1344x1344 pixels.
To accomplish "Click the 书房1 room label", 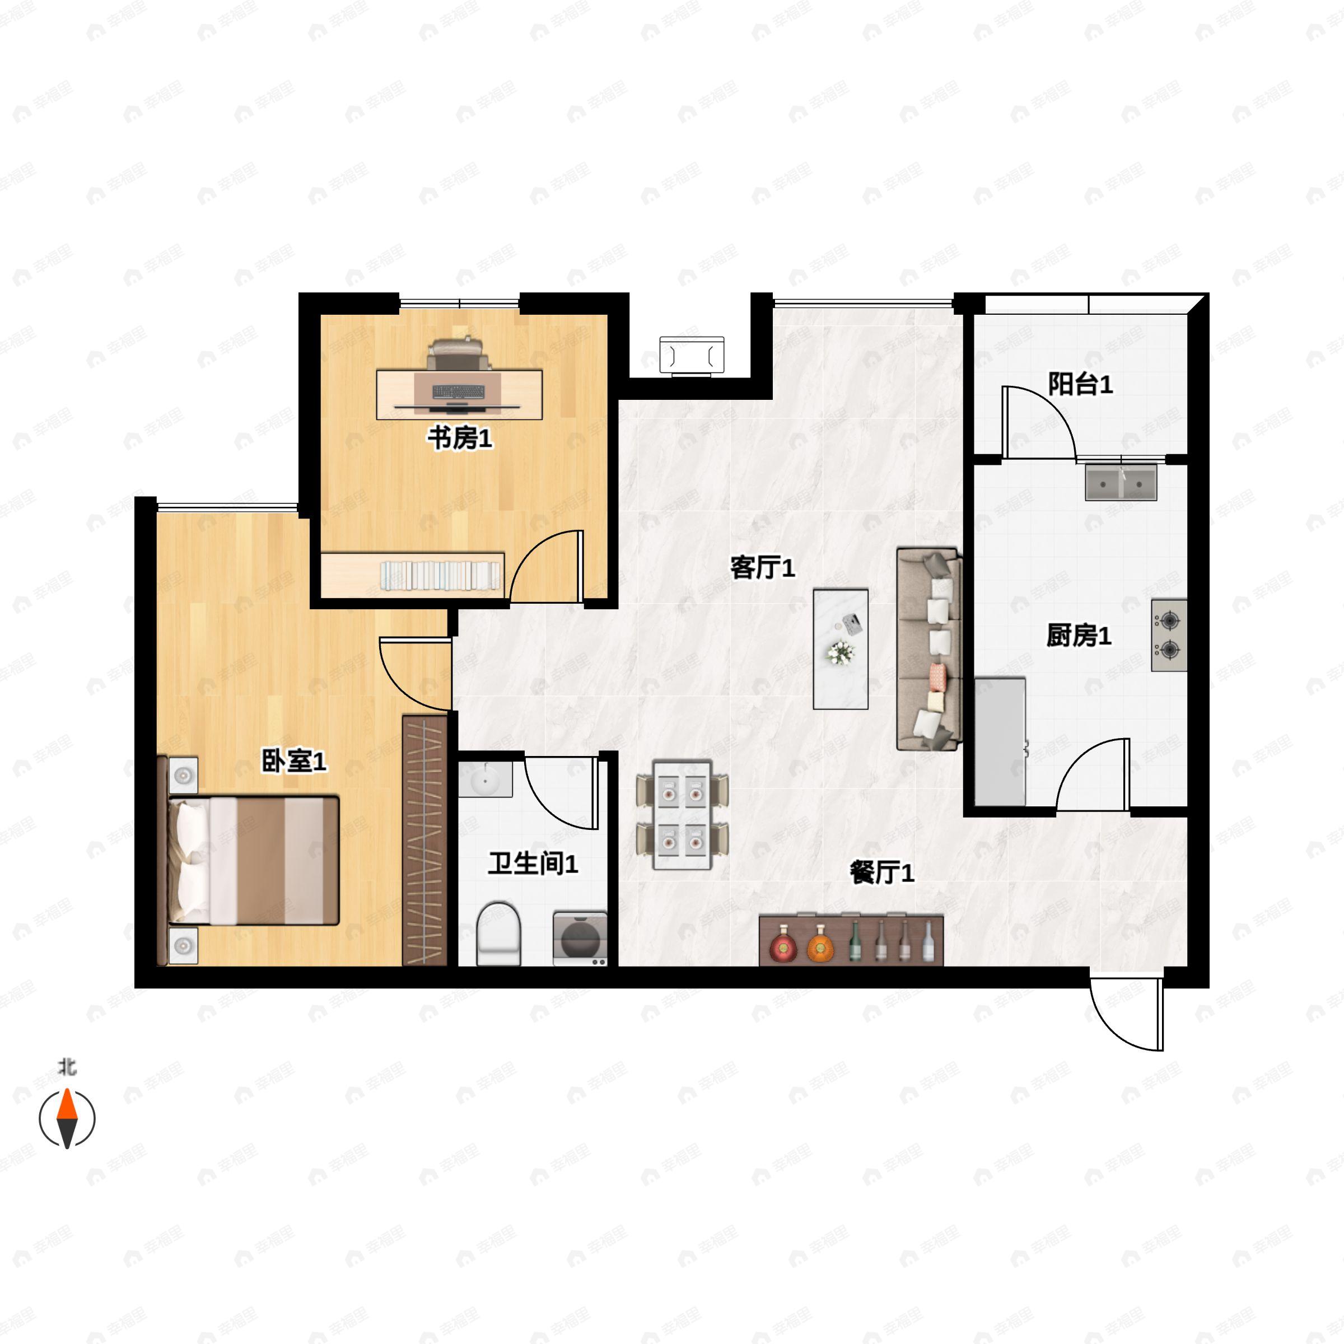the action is (x=460, y=439).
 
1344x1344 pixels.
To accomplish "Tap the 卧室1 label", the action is (x=293, y=761).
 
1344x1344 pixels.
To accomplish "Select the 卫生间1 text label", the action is (x=533, y=864).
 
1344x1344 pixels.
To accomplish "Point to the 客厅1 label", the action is (x=762, y=568).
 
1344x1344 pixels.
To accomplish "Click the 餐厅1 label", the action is (x=882, y=872).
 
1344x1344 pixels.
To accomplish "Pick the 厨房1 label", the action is (x=1079, y=635).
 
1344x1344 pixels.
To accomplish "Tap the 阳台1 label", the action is (x=1080, y=384).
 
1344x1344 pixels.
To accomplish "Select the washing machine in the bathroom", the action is (x=580, y=939).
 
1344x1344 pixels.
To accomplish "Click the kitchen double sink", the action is (x=1121, y=483).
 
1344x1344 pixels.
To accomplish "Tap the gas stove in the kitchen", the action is (x=1169, y=635).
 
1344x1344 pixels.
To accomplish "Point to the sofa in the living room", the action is (x=928, y=649).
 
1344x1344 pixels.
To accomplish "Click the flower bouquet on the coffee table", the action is (x=841, y=652).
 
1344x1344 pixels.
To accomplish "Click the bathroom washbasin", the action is (x=485, y=779).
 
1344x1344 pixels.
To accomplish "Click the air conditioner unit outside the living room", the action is (x=692, y=356).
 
